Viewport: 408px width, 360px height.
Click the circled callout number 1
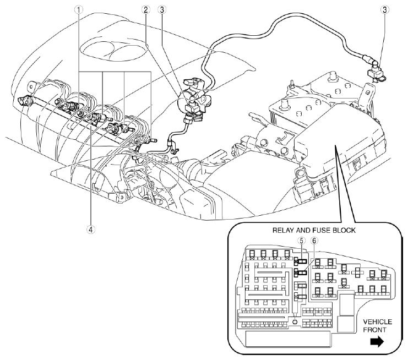pos(81,9)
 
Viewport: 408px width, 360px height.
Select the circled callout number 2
pos(145,9)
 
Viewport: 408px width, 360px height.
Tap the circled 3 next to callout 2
pos(161,9)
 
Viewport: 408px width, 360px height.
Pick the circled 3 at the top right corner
pos(385,9)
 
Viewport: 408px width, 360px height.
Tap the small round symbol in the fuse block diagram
pos(295,321)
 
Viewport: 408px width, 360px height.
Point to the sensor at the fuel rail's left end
pos(25,101)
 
